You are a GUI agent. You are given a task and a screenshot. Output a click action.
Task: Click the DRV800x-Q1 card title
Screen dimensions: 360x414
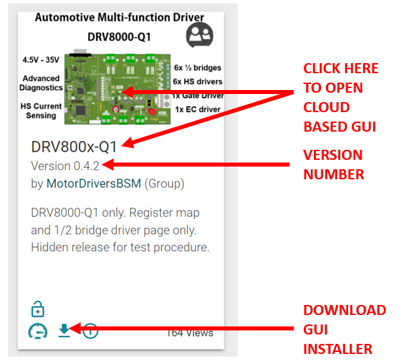74,146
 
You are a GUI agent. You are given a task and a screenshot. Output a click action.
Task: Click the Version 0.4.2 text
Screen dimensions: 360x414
67,165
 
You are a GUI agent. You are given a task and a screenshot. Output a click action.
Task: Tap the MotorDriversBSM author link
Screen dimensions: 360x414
93,183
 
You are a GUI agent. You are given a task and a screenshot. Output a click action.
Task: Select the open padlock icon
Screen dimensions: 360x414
38,309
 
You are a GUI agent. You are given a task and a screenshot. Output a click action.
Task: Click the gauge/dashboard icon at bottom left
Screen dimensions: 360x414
38,331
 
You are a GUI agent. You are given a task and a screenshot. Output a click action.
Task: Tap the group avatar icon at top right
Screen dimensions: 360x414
199,34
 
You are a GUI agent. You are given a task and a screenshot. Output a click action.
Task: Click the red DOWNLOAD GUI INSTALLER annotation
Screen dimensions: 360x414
344,330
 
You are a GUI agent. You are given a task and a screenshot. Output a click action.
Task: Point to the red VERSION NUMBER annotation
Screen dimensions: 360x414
333,165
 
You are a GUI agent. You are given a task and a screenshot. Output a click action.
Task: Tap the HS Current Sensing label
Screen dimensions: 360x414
42,111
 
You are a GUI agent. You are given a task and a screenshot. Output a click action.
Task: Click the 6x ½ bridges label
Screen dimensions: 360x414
197,68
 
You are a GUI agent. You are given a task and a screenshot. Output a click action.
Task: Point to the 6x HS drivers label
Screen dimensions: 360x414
197,81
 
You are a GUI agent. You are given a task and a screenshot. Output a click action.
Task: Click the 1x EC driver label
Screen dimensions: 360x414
198,109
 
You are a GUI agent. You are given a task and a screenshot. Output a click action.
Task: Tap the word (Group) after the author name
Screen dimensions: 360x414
165,183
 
